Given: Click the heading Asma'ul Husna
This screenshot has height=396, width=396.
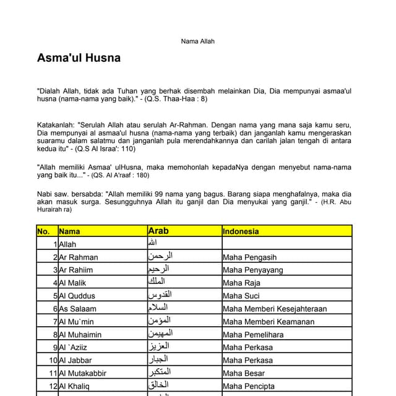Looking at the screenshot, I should [x=79, y=58].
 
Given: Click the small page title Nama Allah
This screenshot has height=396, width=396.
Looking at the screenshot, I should [x=197, y=41].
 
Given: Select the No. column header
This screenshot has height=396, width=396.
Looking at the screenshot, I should [x=43, y=231].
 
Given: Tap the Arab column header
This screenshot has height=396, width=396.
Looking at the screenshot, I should [x=158, y=231].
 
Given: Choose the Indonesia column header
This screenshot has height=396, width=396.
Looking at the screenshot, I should [x=241, y=231].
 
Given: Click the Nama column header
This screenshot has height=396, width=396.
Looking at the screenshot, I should [x=69, y=231].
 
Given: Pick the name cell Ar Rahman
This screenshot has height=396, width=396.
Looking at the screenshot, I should [x=79, y=257].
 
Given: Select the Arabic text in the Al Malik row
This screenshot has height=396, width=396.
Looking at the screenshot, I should [x=157, y=282].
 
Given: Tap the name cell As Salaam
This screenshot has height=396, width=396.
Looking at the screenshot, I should [x=77, y=309].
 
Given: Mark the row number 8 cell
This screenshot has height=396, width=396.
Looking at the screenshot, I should [x=55, y=335].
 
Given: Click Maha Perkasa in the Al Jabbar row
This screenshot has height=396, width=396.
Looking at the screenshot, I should [x=247, y=360].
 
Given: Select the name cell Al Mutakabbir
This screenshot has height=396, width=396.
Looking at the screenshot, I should [x=83, y=373].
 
